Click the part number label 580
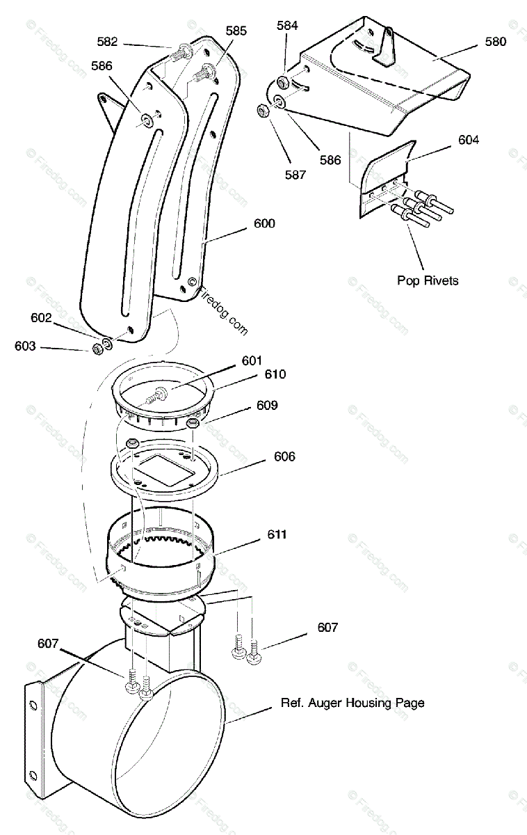[x=496, y=41]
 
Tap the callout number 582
[x=107, y=42]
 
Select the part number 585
[x=236, y=31]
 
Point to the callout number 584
[x=287, y=26]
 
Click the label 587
[x=295, y=175]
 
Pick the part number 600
[x=264, y=223]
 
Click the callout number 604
[x=469, y=140]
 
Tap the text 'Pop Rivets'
[x=428, y=280]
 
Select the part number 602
[x=41, y=317]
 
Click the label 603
[x=25, y=346]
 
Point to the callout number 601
[x=252, y=360]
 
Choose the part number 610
[x=275, y=374]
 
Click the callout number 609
[x=267, y=405]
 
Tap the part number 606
[x=284, y=456]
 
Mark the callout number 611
[x=276, y=534]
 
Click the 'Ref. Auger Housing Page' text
[x=352, y=703]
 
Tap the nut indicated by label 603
[x=97, y=347]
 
